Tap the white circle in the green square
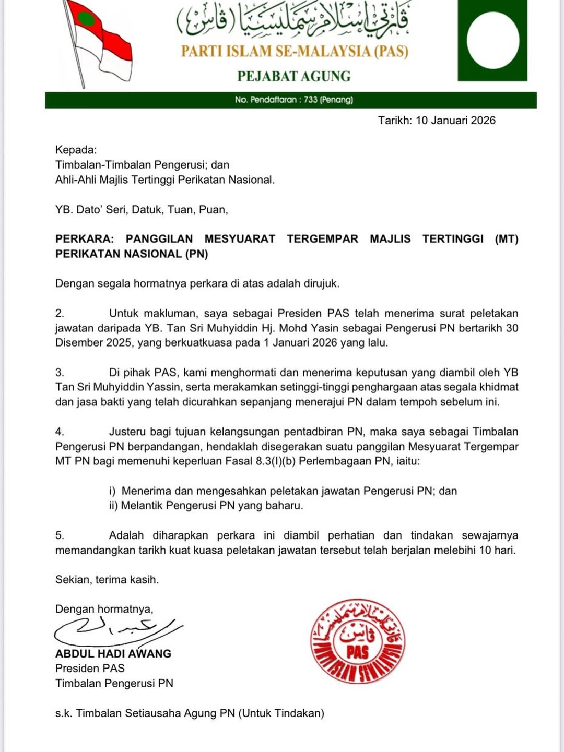point(492,41)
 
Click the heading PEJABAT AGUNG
point(293,76)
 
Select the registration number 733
point(310,100)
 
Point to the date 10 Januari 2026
point(455,121)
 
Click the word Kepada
point(76,150)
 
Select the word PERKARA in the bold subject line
point(84,239)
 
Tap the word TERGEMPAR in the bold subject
point(322,239)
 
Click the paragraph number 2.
point(60,314)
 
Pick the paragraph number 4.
point(60,432)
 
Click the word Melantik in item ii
point(142,506)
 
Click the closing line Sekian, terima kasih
point(107,580)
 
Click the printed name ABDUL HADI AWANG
point(113,654)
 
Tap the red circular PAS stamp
point(358,641)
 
